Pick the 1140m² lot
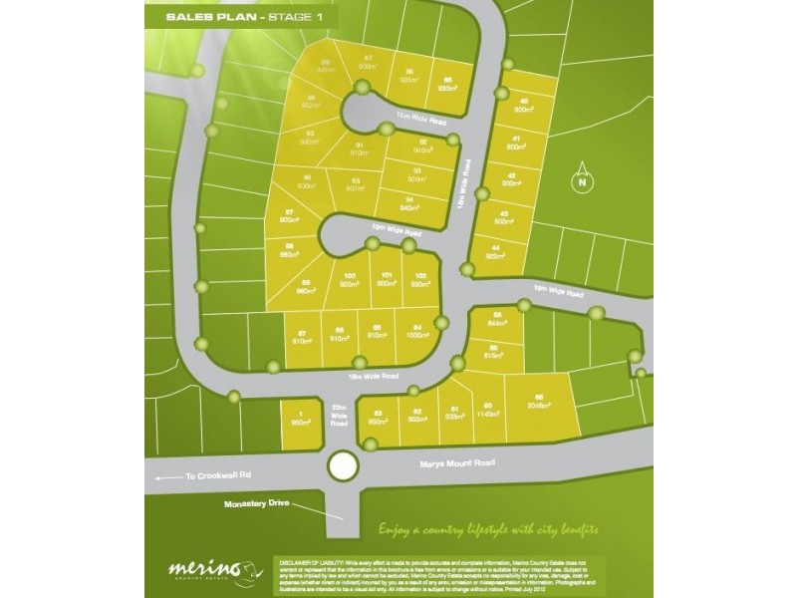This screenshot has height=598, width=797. [x=488, y=411]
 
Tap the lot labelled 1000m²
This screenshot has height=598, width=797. [x=416, y=335]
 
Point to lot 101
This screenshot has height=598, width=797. [x=385, y=280]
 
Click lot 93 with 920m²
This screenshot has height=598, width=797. [x=415, y=175]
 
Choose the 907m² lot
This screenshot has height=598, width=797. [x=353, y=185]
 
